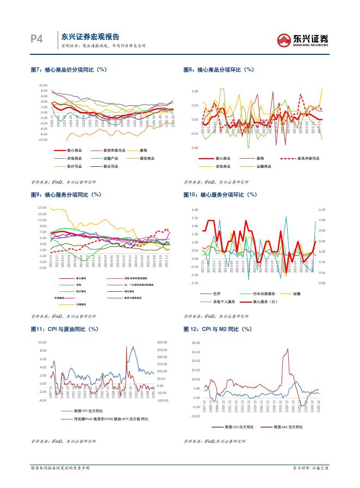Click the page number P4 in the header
(x=36, y=40)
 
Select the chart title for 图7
(x=68, y=70)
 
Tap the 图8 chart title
(x=219, y=70)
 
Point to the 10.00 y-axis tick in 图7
(x=44, y=85)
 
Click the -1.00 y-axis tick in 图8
(x=194, y=148)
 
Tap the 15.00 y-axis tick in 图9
(x=43, y=208)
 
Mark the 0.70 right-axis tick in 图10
(x=321, y=209)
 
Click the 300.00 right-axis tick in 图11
(x=163, y=342)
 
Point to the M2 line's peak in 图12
(x=286, y=349)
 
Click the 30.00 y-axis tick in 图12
(x=196, y=343)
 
